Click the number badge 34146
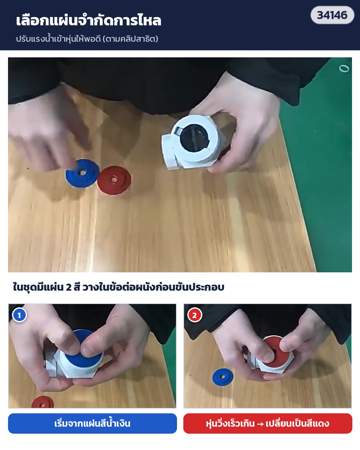pyautogui.click(x=332, y=15)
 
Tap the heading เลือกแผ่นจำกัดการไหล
pyautogui.click(x=88, y=20)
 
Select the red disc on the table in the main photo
pyautogui.click(x=114, y=180)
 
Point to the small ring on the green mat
pyautogui.click(x=344, y=68)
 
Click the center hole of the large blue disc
pyautogui.click(x=82, y=173)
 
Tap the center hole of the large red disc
pyautogui.click(x=114, y=180)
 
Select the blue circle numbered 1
pyautogui.click(x=19, y=315)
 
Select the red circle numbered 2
pyautogui.click(x=195, y=315)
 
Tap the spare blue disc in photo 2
pyautogui.click(x=223, y=377)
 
